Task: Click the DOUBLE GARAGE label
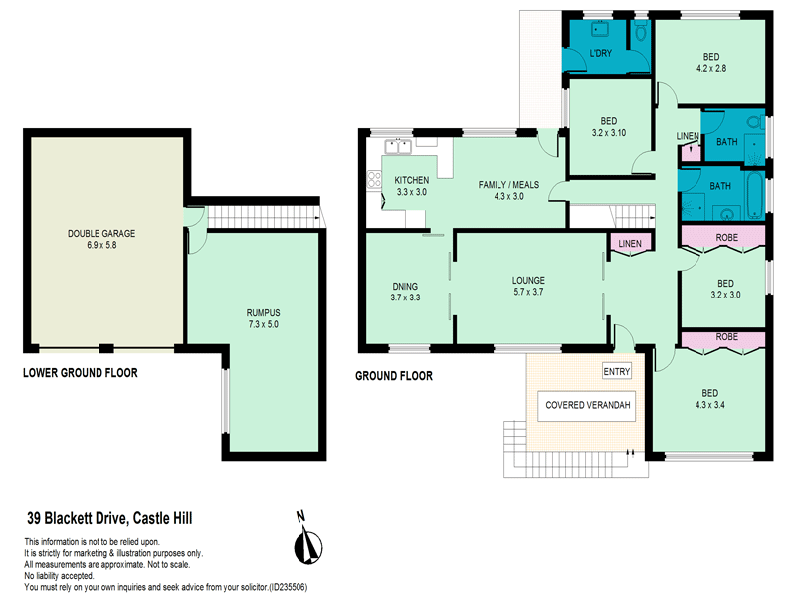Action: click(x=101, y=233)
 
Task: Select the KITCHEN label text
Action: click(x=411, y=180)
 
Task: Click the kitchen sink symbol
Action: click(x=399, y=148)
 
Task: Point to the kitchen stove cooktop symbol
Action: click(x=375, y=180)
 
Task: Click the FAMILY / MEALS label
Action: click(x=508, y=185)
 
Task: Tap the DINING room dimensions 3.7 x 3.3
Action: click(x=405, y=297)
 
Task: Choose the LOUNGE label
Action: click(x=529, y=280)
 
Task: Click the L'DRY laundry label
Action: click(x=600, y=52)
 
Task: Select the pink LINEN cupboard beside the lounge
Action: click(x=629, y=243)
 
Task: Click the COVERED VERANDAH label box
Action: click(x=588, y=406)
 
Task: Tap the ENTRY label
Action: click(x=617, y=371)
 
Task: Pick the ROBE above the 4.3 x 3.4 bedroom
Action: click(x=724, y=337)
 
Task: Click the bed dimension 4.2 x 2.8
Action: click(x=711, y=69)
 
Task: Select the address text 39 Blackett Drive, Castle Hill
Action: click(x=108, y=518)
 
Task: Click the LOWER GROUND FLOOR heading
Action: click(x=80, y=373)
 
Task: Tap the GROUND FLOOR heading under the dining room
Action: click(x=394, y=376)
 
